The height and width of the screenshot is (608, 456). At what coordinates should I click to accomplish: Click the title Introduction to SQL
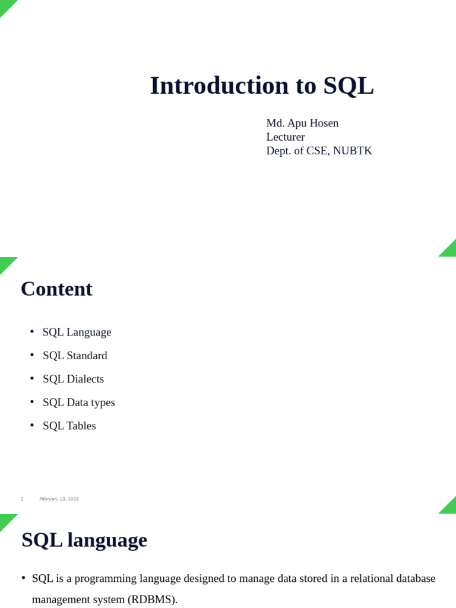point(261,85)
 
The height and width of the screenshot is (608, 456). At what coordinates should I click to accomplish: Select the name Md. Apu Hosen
point(302,123)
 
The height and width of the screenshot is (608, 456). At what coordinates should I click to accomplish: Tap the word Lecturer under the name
point(285,137)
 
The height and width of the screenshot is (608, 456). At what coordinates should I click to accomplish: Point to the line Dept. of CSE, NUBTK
point(319,151)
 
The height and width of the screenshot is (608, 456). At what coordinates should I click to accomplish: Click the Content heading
point(56,289)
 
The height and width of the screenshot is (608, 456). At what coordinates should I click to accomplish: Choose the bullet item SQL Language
point(77,332)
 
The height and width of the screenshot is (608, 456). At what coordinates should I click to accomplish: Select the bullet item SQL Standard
point(75,356)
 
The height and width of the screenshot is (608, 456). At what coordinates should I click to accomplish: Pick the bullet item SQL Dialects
point(73,379)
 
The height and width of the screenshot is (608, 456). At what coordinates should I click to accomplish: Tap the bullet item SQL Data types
point(79,403)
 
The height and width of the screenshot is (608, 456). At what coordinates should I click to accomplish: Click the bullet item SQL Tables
point(69,426)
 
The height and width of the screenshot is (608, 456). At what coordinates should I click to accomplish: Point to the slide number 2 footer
point(22,499)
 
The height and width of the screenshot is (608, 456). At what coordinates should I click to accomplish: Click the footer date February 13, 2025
point(59,499)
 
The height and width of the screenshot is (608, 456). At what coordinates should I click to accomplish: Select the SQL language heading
point(84,540)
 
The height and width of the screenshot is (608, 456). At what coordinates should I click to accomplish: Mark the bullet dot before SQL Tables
point(32,425)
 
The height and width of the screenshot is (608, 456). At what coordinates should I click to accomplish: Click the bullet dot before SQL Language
point(32,331)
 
